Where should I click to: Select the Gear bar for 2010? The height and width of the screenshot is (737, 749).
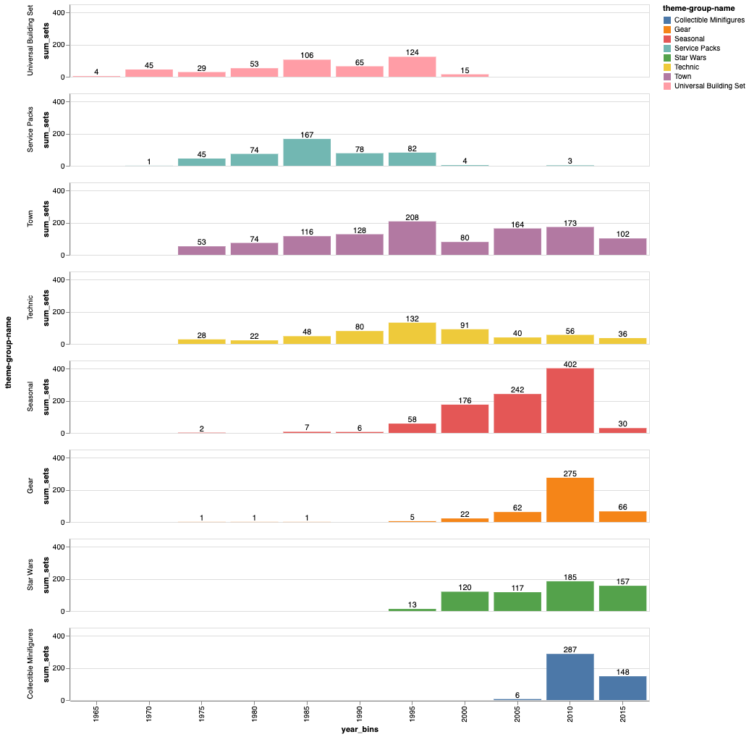tap(570, 500)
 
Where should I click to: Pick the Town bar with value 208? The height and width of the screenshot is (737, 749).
tap(412, 238)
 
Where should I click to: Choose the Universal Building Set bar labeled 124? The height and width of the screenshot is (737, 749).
tap(412, 67)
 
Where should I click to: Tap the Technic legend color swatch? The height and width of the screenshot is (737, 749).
tap(667, 67)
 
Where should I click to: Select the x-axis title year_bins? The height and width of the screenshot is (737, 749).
tap(360, 730)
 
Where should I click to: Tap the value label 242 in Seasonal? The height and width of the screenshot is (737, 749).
tap(517, 389)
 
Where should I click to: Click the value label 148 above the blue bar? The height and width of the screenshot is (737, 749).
tap(622, 671)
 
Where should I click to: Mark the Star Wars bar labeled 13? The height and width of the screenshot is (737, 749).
tap(412, 610)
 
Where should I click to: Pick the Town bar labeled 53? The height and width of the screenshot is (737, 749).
tap(202, 250)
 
